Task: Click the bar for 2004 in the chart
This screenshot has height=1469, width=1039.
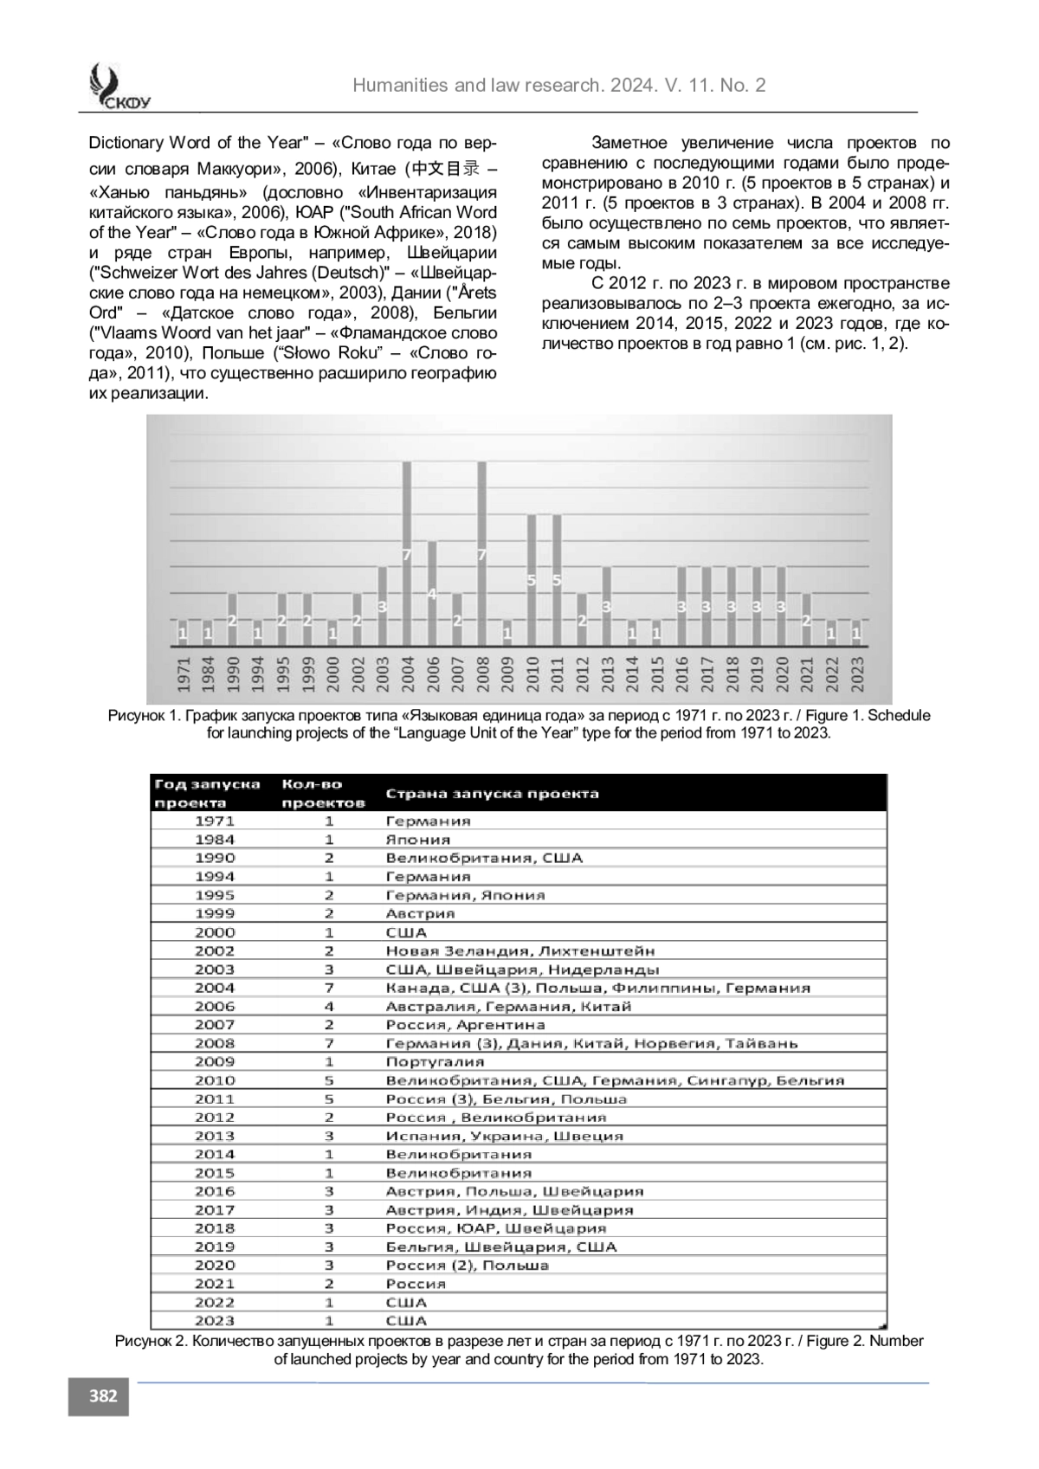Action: click(x=407, y=554)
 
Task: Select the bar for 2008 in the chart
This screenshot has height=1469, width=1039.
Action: click(x=482, y=554)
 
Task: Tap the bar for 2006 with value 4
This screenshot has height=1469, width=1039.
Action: click(x=432, y=594)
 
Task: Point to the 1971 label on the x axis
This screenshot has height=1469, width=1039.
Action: click(x=184, y=673)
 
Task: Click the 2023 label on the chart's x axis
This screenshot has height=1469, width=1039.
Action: click(x=857, y=673)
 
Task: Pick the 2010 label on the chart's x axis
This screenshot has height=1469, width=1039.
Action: click(x=532, y=673)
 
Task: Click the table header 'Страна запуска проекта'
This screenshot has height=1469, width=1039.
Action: click(x=492, y=794)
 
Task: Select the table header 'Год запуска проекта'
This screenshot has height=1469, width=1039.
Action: click(x=207, y=793)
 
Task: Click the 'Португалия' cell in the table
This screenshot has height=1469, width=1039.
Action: click(x=435, y=1062)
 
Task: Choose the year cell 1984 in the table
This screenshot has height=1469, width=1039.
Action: click(x=215, y=840)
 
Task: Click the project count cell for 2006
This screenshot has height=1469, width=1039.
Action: click(x=329, y=1007)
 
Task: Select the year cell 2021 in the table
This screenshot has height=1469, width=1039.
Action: click(x=215, y=1285)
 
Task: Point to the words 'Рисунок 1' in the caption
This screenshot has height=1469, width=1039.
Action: click(x=138, y=716)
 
